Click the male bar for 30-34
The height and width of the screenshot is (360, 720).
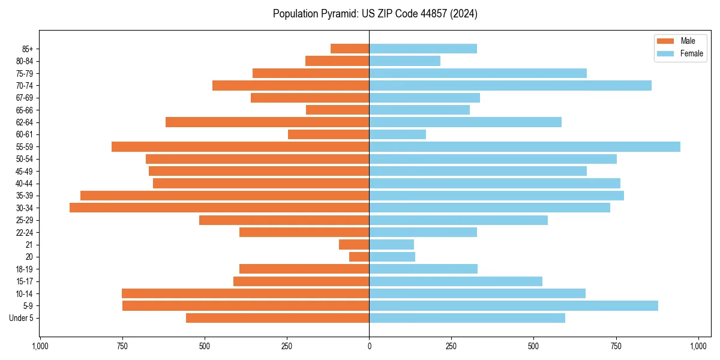pyautogui.click(x=219, y=208)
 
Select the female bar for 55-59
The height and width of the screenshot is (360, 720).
pyautogui.click(x=524, y=146)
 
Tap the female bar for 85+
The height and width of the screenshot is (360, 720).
pyautogui.click(x=423, y=49)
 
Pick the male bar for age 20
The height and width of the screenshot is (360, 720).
pyautogui.click(x=359, y=257)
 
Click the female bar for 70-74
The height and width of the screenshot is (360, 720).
pyautogui.click(x=510, y=85)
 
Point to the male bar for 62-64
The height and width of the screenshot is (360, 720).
pyautogui.click(x=267, y=122)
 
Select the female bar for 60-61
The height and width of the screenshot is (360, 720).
pyautogui.click(x=397, y=134)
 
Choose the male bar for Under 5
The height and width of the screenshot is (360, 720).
pyautogui.click(x=277, y=318)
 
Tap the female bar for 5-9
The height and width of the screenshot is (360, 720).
pyautogui.click(x=514, y=305)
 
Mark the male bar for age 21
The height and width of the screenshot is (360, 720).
pyautogui.click(x=354, y=244)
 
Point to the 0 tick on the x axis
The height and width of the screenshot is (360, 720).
pyautogui.click(x=369, y=346)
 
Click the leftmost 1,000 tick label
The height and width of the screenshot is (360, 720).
pyautogui.click(x=40, y=346)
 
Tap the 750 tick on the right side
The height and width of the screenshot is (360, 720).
pyautogui.click(x=616, y=346)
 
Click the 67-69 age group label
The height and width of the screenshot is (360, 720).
pyautogui.click(x=25, y=98)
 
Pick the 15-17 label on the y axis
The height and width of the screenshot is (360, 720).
pyautogui.click(x=25, y=281)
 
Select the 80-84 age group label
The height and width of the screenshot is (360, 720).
pyautogui.click(x=25, y=61)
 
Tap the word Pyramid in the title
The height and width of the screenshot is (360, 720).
pyautogui.click(x=337, y=14)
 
